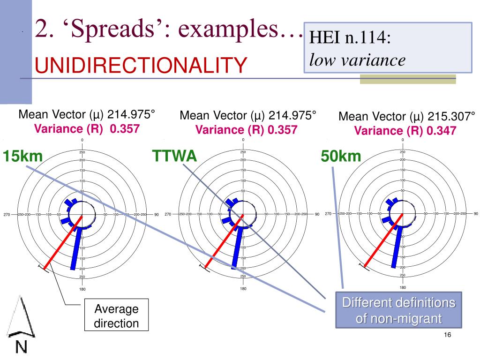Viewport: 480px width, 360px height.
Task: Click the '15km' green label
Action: tap(22, 156)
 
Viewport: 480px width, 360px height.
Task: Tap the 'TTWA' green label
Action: tap(174, 156)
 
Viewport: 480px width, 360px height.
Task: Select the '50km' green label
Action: tap(341, 156)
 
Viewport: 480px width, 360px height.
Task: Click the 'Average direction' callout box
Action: tap(117, 316)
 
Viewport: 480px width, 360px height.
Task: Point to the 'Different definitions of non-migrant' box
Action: tap(398, 311)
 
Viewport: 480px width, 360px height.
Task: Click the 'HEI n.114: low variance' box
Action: tap(387, 47)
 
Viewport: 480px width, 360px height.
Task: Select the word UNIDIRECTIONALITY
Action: tap(141, 65)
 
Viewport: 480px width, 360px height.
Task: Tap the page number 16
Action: tap(446, 335)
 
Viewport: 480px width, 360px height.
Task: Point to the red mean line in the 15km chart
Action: tap(63, 242)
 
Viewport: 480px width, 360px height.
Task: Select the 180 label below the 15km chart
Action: tap(82, 289)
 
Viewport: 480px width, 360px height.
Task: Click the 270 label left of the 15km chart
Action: tap(7, 215)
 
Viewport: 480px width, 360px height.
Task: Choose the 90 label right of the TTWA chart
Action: tap(317, 214)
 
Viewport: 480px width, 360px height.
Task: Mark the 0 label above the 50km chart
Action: tap(403, 140)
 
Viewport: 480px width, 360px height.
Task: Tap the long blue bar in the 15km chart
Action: tap(75, 248)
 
